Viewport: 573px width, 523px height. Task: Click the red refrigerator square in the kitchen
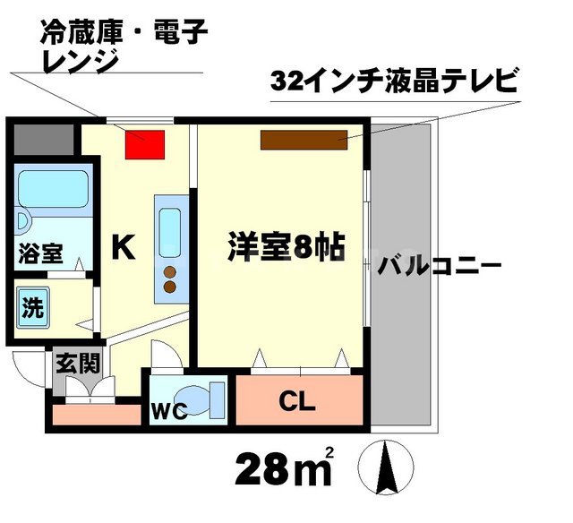pyautogui.click(x=144, y=144)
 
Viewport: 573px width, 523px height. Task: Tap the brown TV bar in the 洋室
pyautogui.click(x=304, y=139)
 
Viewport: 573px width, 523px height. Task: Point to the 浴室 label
pyautogui.click(x=40, y=253)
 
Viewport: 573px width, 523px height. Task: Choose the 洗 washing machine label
pyautogui.click(x=33, y=309)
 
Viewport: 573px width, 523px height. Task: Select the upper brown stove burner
pyautogui.click(x=170, y=272)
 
